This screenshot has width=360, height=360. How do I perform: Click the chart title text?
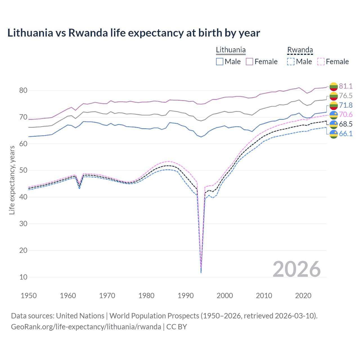134,33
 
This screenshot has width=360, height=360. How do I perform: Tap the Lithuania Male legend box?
220,62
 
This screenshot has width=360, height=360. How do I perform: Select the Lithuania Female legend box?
249,62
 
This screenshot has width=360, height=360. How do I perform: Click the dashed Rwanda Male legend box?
291,62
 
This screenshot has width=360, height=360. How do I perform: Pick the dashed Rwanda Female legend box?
321,62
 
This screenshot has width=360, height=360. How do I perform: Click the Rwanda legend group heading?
300,50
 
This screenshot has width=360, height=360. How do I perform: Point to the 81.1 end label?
346,86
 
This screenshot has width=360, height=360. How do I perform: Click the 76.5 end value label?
346,96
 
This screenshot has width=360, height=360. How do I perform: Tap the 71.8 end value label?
346,105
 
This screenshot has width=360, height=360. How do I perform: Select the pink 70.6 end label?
346,114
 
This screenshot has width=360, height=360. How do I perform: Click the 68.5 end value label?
346,124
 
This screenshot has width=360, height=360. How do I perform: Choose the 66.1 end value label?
346,134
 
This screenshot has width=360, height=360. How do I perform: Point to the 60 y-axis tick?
23,144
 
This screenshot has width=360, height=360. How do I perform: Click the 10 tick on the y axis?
23,277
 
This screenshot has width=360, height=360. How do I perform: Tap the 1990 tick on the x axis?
186,296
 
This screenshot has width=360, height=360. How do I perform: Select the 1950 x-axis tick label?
29,296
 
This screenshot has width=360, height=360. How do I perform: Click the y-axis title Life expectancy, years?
12,180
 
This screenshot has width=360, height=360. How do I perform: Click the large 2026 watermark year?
296,269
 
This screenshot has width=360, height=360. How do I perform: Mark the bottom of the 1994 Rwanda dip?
201,272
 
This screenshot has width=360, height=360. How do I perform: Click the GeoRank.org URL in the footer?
86,327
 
